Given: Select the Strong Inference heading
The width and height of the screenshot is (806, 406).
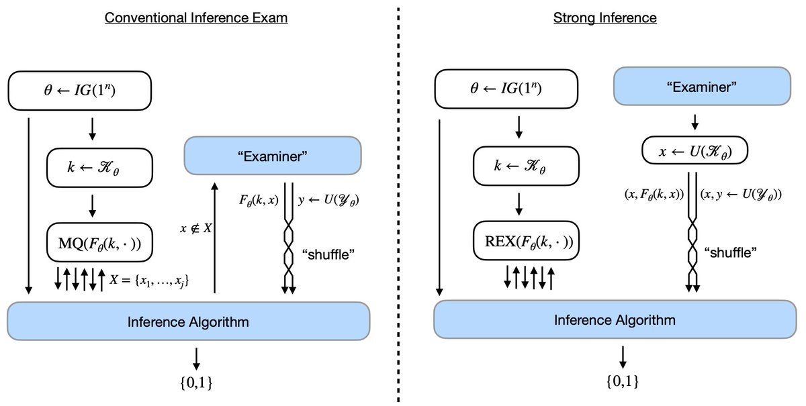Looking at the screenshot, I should (x=604, y=18).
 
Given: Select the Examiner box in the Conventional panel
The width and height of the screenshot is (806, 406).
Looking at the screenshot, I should (x=273, y=156).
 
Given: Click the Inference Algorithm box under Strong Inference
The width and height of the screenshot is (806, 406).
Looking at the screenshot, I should (x=615, y=319).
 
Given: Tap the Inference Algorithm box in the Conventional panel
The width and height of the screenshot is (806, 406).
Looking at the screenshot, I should (x=188, y=321).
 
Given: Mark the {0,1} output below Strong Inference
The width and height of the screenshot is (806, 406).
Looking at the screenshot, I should (x=622, y=380).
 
